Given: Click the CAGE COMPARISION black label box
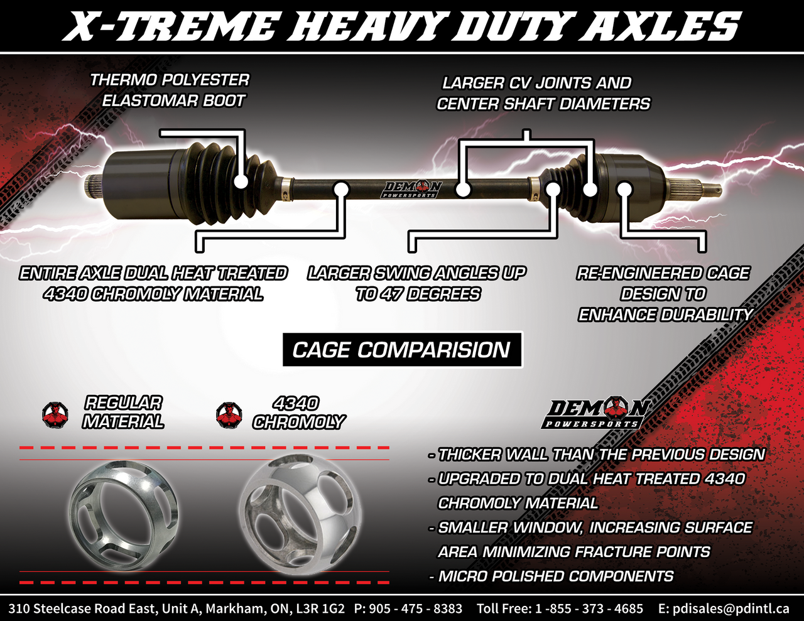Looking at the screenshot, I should tap(402, 350).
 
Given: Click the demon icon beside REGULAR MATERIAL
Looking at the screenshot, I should tap(55, 415).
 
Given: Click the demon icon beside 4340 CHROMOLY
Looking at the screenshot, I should tap(229, 415).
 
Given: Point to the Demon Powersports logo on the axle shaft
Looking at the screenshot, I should tap(412, 189).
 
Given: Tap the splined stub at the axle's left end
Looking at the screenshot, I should tap(93, 185).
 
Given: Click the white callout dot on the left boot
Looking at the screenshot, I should tap(241, 182).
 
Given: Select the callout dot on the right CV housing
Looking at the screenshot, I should tap(624, 188).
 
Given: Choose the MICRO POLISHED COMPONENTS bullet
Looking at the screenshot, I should tap(555, 576).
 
